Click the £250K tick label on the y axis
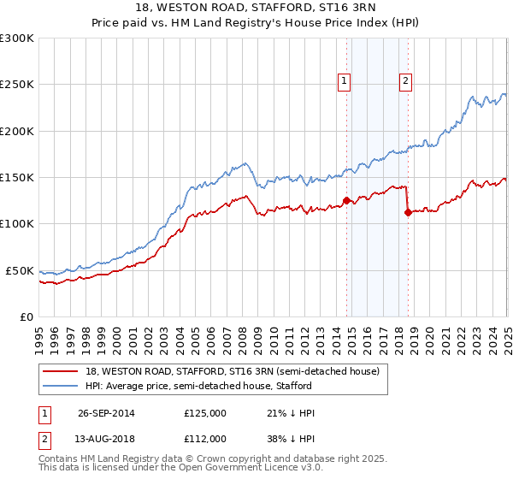coord(17,85)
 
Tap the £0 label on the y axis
coord(27,316)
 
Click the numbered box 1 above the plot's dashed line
coord(344,81)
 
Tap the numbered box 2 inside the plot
coord(405,81)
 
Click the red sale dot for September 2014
coord(347,201)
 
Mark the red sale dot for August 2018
coord(408,213)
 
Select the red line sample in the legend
coord(61,371)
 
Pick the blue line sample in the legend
coord(61,386)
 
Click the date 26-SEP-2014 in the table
coord(106,413)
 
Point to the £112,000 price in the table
coord(205,438)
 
